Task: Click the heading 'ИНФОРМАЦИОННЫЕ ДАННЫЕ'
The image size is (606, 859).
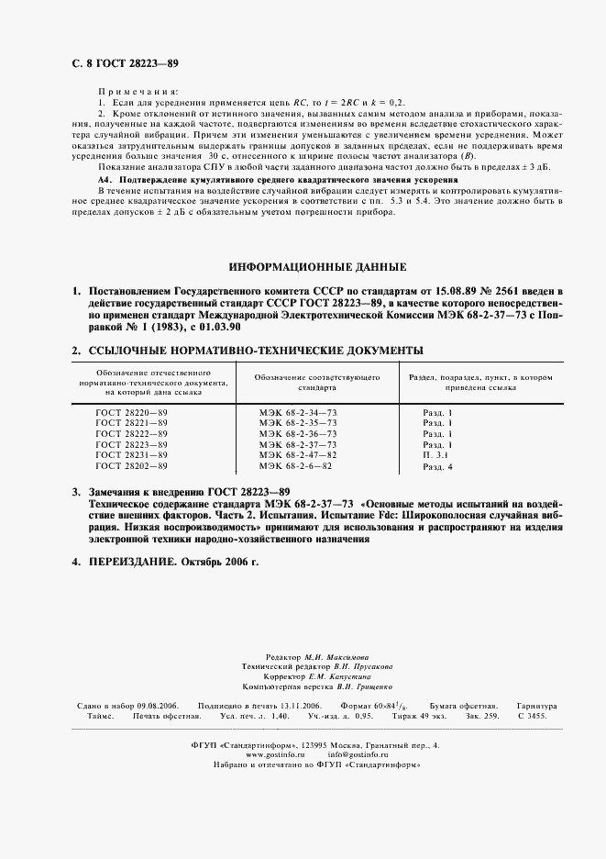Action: (x=317, y=267)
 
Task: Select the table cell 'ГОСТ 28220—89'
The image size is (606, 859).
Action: (x=132, y=413)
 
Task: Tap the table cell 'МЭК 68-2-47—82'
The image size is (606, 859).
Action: (x=298, y=454)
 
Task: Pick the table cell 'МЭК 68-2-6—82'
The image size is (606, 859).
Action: (x=294, y=466)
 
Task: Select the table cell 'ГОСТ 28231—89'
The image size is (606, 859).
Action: (x=132, y=454)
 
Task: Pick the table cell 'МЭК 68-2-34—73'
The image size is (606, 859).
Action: (x=298, y=413)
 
